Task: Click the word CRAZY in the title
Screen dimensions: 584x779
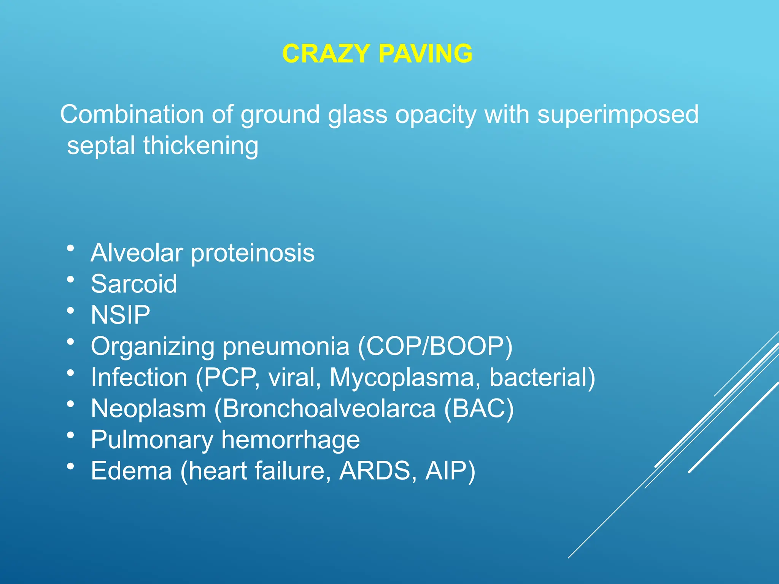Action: (326, 54)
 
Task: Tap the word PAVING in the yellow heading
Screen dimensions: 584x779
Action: (426, 54)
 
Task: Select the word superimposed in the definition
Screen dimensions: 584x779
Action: (618, 114)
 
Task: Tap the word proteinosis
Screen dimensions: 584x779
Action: (253, 253)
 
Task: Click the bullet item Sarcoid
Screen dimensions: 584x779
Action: (134, 284)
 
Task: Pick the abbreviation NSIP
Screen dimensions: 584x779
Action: (120, 315)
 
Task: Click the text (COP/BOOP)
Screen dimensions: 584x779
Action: (435, 346)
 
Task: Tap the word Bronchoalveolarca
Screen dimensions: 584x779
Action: (329, 409)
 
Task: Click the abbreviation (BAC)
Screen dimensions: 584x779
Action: (479, 409)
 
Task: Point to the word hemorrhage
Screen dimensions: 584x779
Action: (291, 440)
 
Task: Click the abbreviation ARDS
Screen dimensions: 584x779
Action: (375, 471)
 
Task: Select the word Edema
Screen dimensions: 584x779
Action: (131, 471)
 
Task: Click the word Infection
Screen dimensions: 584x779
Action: (139, 378)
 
